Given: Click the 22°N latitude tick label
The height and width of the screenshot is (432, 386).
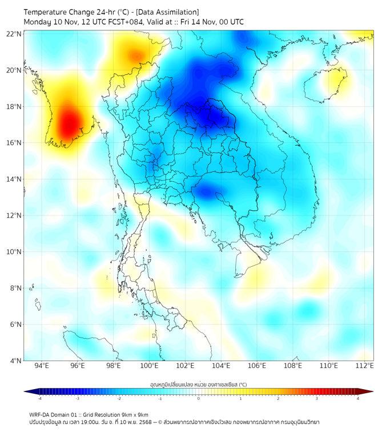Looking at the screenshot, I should pyautogui.click(x=14, y=34).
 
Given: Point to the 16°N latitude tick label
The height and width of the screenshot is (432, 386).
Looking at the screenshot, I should pyautogui.click(x=14, y=143).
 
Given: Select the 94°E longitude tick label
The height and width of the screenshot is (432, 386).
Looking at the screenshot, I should pyautogui.click(x=42, y=366).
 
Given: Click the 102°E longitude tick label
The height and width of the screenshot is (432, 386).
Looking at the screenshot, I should pyautogui.click(x=185, y=366).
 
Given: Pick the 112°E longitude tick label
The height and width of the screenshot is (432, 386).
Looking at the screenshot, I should pyautogui.click(x=365, y=366).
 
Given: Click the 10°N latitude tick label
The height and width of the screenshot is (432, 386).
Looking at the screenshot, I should pyautogui.click(x=14, y=252).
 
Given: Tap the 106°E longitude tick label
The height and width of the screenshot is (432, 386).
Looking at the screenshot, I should pyautogui.click(x=257, y=366).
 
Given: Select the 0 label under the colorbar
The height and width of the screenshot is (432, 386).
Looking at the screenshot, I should pyautogui.click(x=199, y=399).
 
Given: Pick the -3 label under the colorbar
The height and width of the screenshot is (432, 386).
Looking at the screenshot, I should pyautogui.click(x=77, y=399).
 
